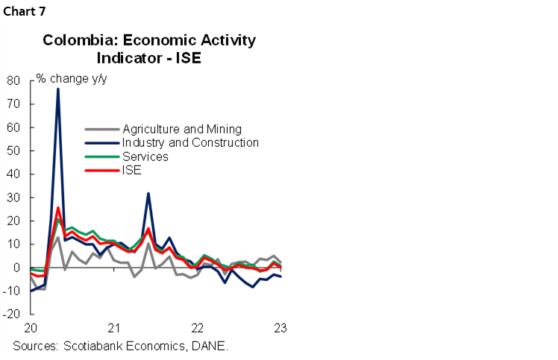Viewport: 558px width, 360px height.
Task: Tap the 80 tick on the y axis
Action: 13,80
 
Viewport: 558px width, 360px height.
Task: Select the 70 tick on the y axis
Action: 13,104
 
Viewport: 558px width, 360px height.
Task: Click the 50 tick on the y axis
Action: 13,151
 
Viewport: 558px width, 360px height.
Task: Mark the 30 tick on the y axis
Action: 13,198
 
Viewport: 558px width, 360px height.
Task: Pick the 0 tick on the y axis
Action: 16,268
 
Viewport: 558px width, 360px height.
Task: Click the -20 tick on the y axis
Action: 10,315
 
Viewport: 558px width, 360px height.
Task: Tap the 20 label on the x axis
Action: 31,329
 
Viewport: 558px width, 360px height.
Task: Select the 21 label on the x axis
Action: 114,329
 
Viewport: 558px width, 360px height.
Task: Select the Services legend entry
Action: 145,157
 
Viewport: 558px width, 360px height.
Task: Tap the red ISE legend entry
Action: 132,170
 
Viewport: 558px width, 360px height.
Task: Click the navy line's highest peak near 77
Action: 58,89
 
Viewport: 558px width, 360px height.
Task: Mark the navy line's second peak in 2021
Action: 148,194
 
